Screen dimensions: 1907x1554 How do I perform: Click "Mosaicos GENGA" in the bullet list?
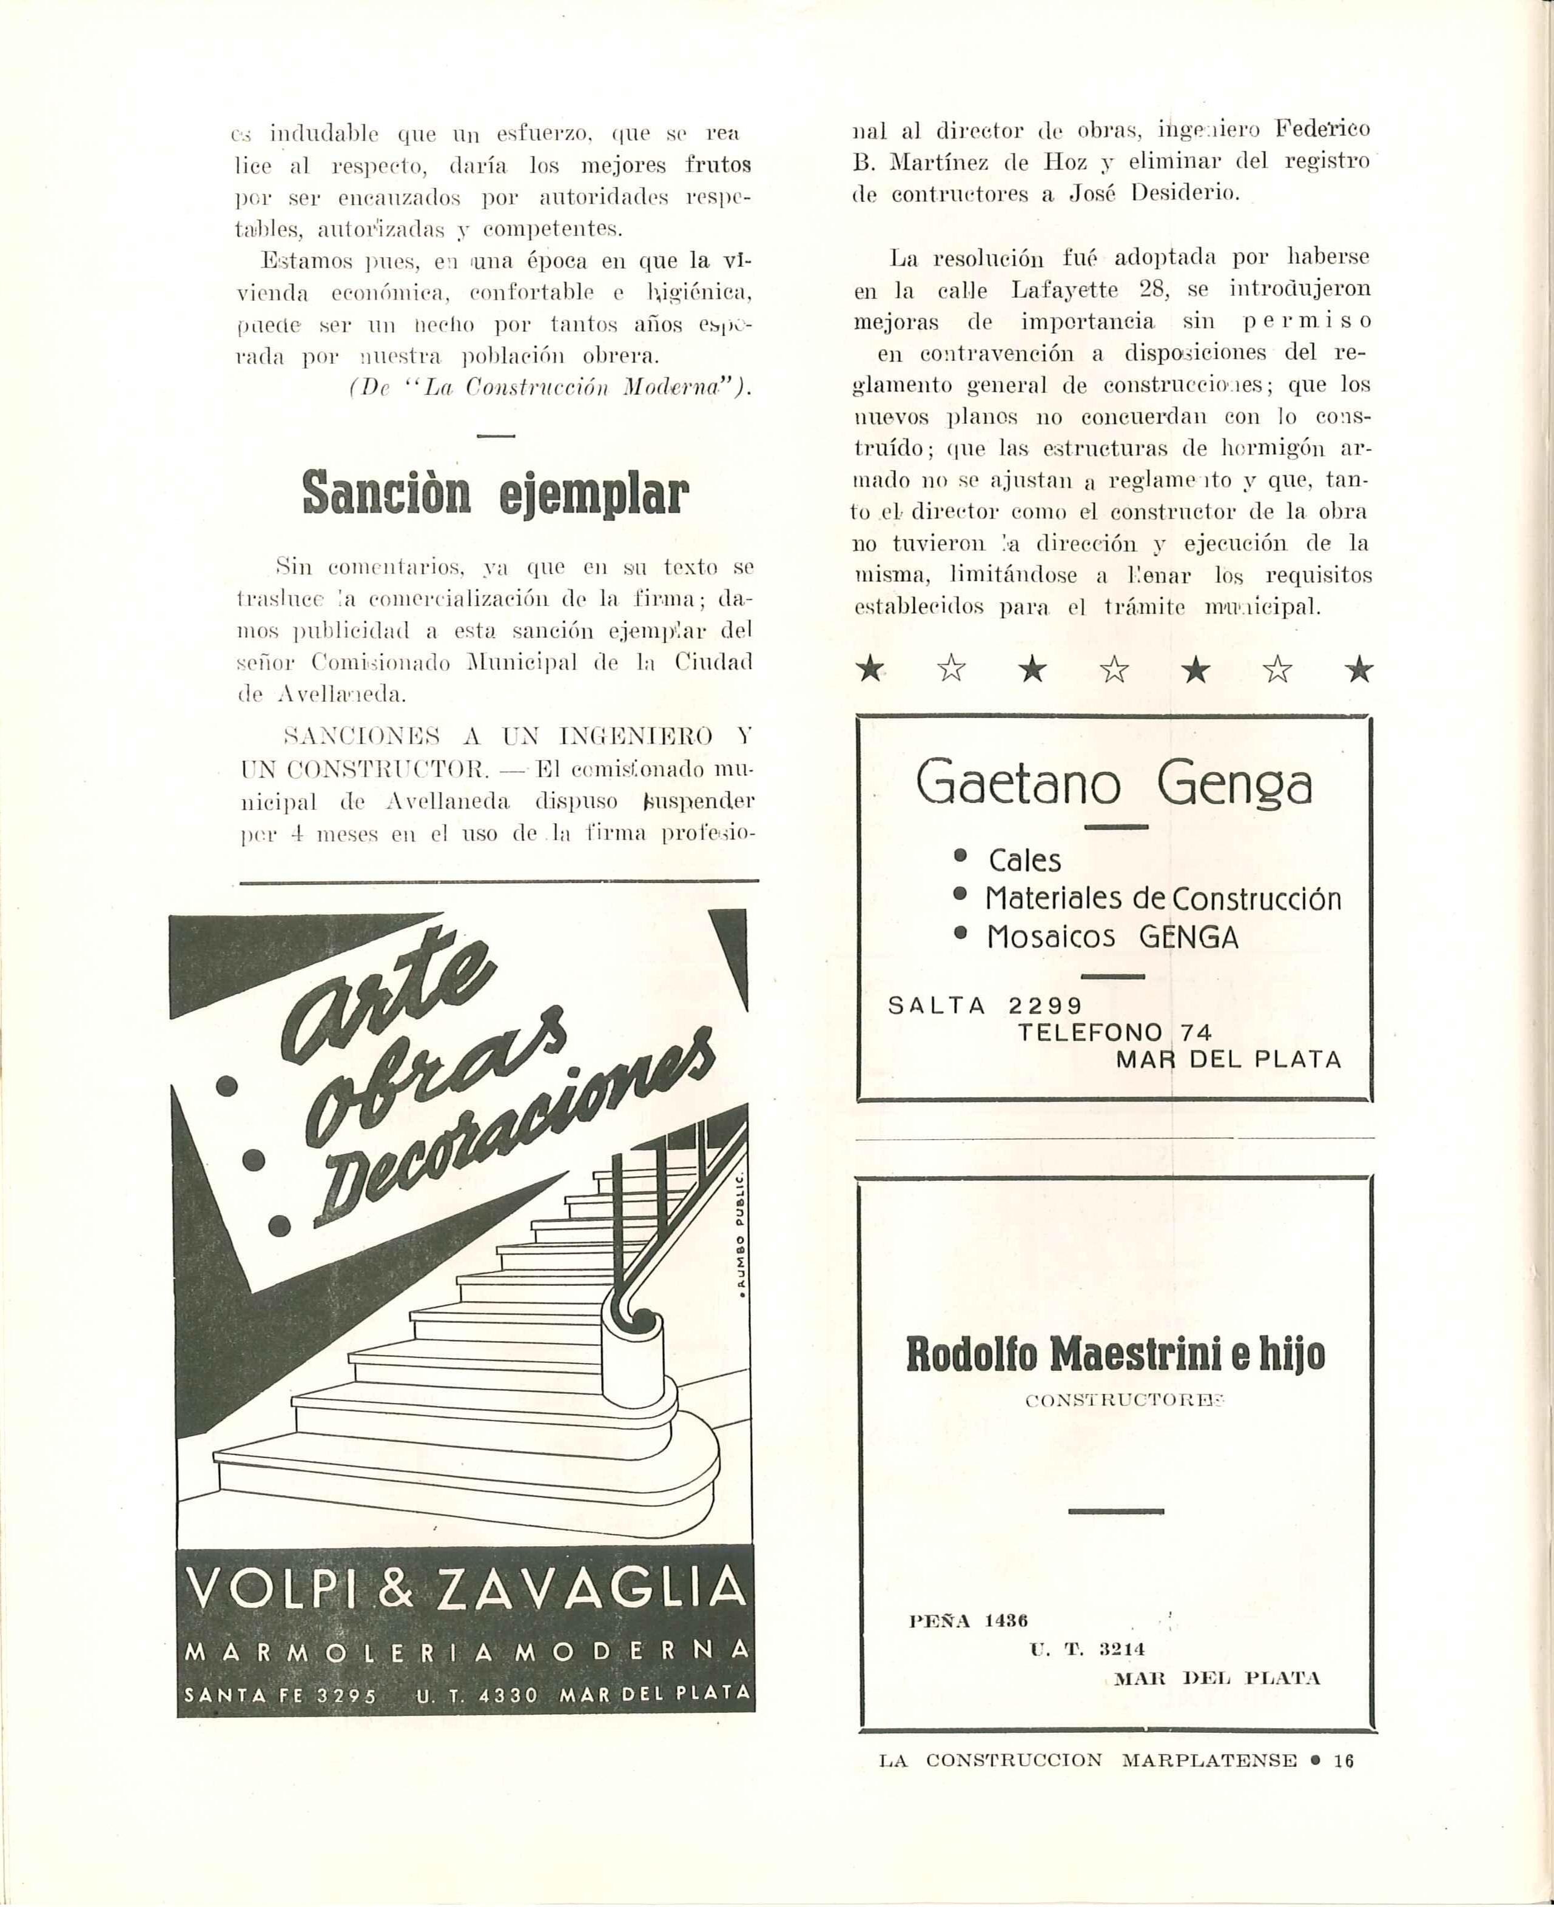click(x=1112, y=937)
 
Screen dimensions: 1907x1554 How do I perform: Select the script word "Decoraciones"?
click(x=506, y=1132)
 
